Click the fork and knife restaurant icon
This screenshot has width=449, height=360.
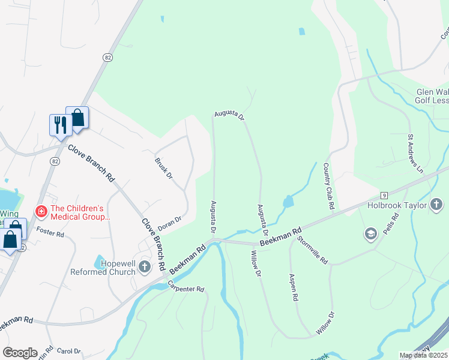click(x=59, y=124)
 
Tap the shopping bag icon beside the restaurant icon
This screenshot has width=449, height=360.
click(x=77, y=116)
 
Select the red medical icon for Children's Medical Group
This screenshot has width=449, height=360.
click(x=41, y=211)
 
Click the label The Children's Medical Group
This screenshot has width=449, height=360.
click(x=80, y=213)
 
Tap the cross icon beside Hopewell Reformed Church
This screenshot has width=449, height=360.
click(x=144, y=266)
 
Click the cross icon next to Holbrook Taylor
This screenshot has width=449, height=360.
click(x=436, y=206)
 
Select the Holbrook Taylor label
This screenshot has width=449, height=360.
click(x=397, y=206)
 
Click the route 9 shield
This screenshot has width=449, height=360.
click(x=383, y=196)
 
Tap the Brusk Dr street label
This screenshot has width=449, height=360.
click(x=163, y=168)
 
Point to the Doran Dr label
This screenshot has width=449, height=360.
click(x=169, y=224)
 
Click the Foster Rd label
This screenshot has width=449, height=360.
click(x=50, y=232)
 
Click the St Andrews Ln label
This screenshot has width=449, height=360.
click(x=416, y=154)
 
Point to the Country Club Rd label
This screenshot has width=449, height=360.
click(x=328, y=186)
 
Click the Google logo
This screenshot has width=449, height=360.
click(x=20, y=353)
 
